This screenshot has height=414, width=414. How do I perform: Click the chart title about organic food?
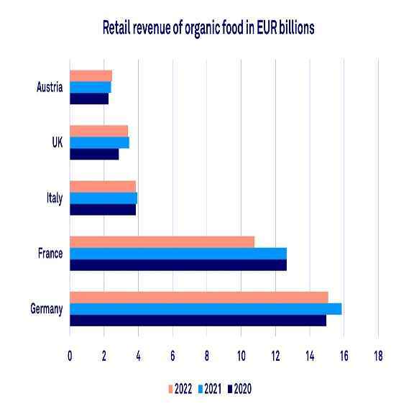(208, 28)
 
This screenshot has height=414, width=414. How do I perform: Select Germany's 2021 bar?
(206, 309)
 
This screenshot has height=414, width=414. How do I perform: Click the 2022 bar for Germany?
(199, 298)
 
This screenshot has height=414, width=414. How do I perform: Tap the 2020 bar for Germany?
(198, 321)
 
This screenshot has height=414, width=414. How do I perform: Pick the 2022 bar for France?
(162, 242)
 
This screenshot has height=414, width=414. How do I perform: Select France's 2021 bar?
(178, 254)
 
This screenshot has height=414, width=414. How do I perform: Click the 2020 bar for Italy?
(103, 210)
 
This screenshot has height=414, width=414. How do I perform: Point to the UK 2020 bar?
(94, 155)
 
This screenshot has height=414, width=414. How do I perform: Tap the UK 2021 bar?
(99, 143)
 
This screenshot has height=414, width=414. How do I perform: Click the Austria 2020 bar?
(89, 99)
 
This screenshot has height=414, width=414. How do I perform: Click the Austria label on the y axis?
(50, 88)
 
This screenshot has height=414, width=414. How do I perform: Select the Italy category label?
(55, 198)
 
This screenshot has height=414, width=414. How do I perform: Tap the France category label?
(50, 254)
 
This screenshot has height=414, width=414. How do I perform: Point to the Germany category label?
(46, 309)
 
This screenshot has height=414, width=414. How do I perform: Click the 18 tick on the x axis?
(378, 356)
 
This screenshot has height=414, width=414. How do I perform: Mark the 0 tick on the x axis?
(70, 356)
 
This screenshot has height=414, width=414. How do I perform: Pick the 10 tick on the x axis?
(241, 356)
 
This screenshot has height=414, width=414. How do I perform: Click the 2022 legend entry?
(180, 390)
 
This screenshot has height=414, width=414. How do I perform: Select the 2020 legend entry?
(239, 390)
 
